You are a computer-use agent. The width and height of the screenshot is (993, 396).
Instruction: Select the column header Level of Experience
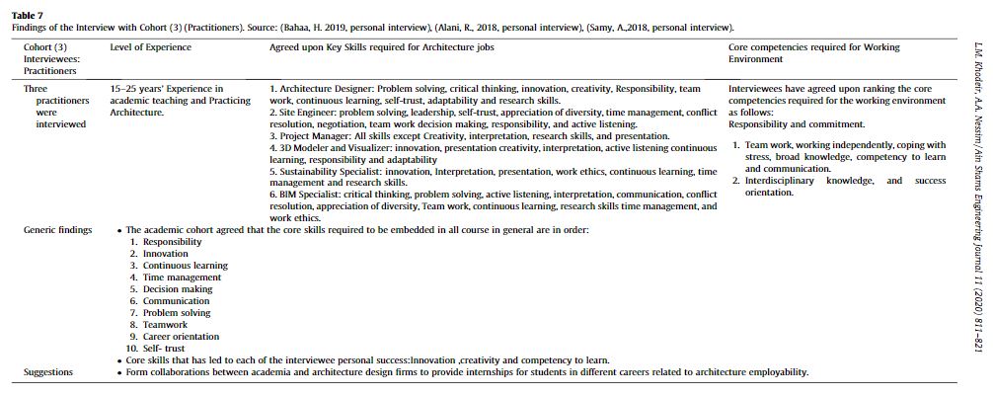[150, 47]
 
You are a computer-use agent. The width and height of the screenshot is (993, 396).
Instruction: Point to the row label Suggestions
[48, 372]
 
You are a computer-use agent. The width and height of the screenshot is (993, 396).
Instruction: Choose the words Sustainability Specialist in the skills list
[333, 172]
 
